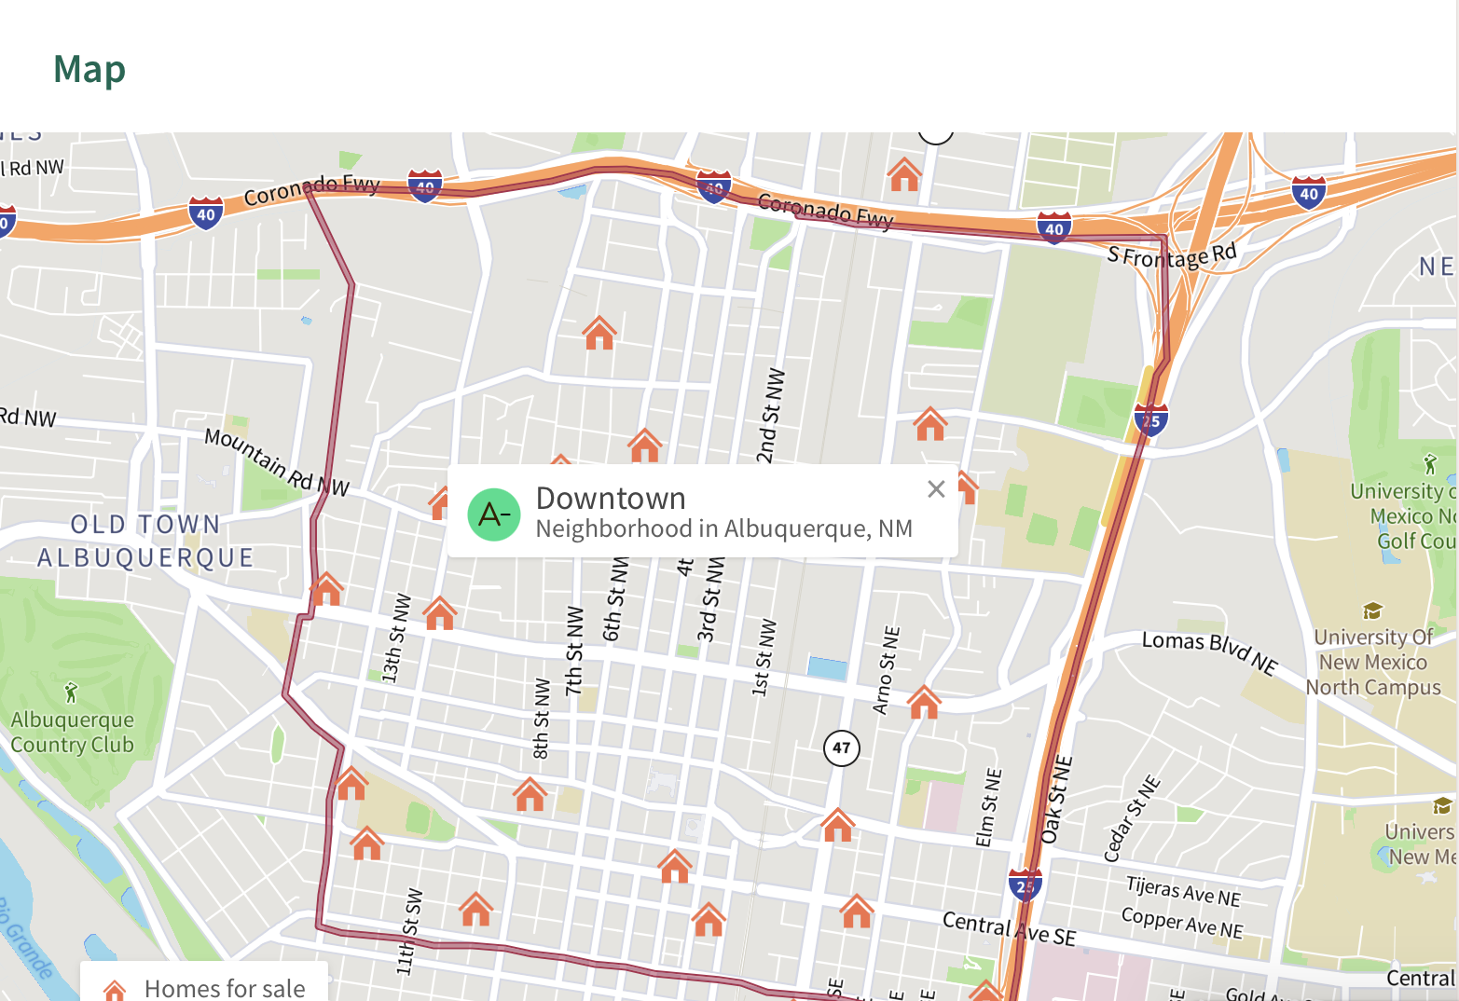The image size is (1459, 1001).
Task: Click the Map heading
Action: coord(89,70)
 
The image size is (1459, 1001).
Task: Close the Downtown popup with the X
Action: coord(936,489)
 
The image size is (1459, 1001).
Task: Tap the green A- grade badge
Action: coord(493,514)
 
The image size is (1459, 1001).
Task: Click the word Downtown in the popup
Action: coord(611,499)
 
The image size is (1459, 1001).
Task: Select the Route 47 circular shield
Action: coord(841,747)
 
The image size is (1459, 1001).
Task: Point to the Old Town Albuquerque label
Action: coord(145,541)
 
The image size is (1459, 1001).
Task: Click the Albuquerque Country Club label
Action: coord(73,733)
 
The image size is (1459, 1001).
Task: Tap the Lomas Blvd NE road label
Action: coord(1209,650)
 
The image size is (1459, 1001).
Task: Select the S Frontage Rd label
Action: coord(1172,254)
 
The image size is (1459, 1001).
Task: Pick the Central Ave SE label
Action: coord(1009,928)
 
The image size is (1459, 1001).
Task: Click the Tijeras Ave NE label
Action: coord(1183,891)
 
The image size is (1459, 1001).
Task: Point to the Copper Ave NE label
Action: coord(1181,923)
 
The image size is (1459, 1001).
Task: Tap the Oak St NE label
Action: coord(1057,800)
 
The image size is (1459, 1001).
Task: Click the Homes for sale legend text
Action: coord(225,988)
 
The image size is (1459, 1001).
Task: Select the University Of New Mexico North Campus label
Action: coord(1373,662)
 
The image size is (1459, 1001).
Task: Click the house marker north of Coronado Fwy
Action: coord(903,174)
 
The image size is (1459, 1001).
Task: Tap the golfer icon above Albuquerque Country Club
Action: coord(71,692)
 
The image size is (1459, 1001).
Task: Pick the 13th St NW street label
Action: coord(396,638)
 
